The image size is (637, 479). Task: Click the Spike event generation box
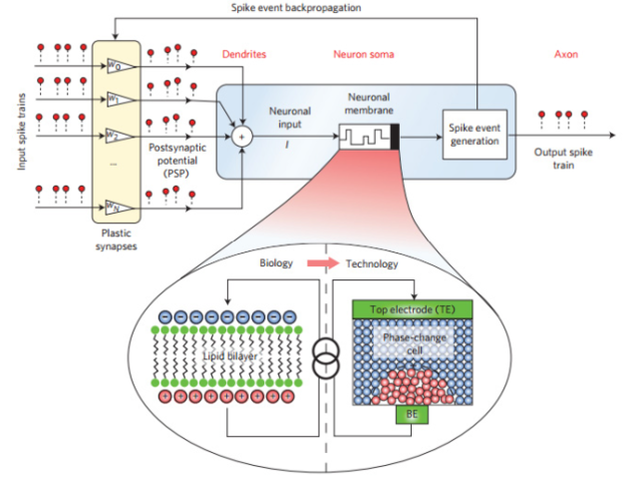(473, 133)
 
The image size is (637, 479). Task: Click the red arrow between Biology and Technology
(319, 264)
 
